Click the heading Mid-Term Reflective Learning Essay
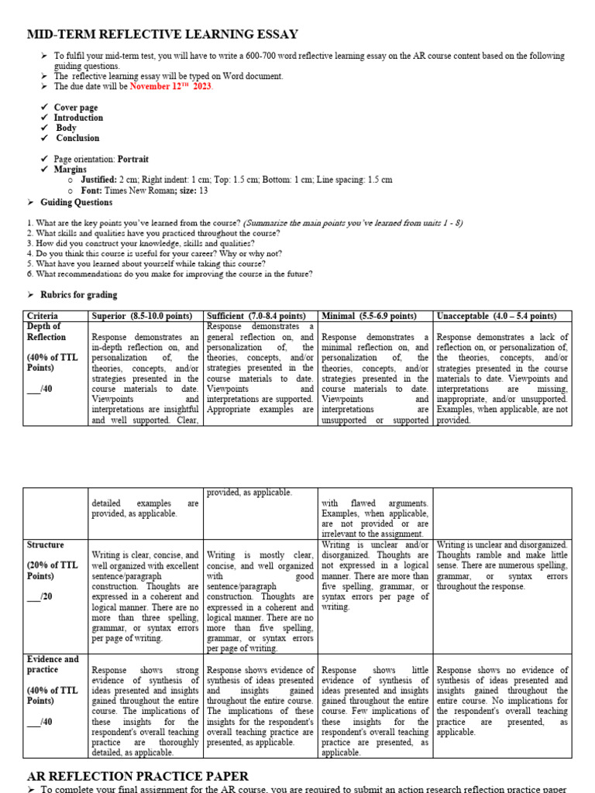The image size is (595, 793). point(163,34)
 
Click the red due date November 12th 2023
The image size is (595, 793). point(171,86)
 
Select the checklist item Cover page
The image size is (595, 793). point(76,108)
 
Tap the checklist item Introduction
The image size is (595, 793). point(78,118)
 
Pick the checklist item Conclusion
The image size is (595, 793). point(77,138)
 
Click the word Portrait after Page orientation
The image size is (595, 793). point(133,159)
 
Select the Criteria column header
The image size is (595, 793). point(43,316)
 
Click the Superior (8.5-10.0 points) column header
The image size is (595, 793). point(145,316)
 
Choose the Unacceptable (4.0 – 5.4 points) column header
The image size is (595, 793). point(497,316)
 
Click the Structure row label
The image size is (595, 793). point(45,545)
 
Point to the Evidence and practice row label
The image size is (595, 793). point(53,664)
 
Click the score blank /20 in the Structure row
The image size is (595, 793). point(40,597)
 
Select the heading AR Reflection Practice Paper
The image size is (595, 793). point(138,775)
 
